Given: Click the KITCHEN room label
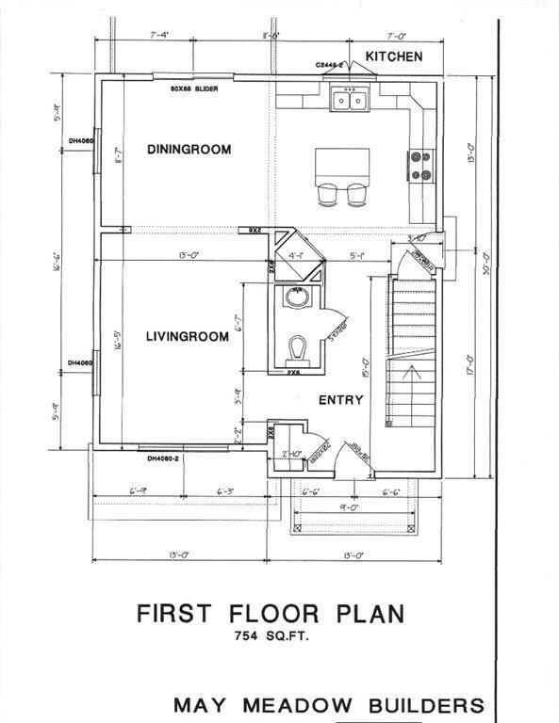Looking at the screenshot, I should pyautogui.click(x=394, y=57).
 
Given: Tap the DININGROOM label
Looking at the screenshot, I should pyautogui.click(x=189, y=149).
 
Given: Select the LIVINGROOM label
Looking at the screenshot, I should pyautogui.click(x=187, y=336).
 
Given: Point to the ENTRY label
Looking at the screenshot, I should pyautogui.click(x=340, y=400).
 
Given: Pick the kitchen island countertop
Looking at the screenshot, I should pyautogui.click(x=340, y=169).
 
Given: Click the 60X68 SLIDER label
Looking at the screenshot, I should pyautogui.click(x=195, y=88).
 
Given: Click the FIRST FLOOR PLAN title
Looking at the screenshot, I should pyautogui.click(x=271, y=614).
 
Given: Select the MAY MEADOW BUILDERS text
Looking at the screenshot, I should pyautogui.click(x=328, y=705).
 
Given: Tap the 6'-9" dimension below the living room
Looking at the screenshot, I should pyautogui.click(x=139, y=490).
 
